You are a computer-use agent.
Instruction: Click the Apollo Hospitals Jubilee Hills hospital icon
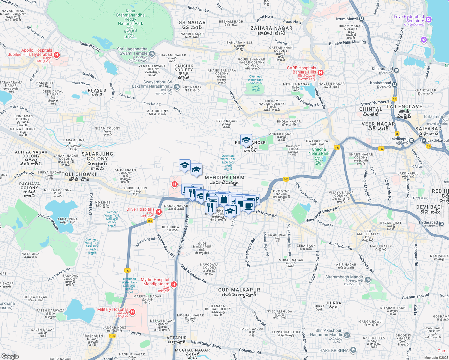click(x=56, y=55)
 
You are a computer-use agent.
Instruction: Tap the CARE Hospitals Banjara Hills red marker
click(x=321, y=72)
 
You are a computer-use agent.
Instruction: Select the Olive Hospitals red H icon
click(x=159, y=212)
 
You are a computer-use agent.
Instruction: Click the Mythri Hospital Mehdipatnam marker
click(x=173, y=284)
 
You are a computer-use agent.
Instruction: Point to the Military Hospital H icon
click(x=132, y=312)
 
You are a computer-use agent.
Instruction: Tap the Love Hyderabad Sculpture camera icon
click(x=429, y=20)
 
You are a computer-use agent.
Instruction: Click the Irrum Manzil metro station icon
click(x=361, y=19)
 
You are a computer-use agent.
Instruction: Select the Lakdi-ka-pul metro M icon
click(x=424, y=141)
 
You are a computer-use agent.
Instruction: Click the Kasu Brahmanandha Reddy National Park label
click(x=130, y=17)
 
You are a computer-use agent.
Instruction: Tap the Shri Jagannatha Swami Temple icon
click(x=152, y=54)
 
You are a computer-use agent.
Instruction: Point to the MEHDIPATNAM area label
click(x=224, y=178)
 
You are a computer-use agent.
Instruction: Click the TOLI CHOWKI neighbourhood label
click(x=79, y=174)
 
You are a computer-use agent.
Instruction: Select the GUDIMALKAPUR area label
click(x=239, y=290)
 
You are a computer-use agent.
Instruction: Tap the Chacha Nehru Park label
click(x=319, y=151)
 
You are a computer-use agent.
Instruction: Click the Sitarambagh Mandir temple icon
click(x=368, y=280)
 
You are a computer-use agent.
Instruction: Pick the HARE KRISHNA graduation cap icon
click(x=353, y=350)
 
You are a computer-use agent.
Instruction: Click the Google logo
click(x=10, y=356)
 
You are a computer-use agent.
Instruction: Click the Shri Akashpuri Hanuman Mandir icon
click(x=347, y=335)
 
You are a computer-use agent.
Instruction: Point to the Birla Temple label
click(x=435, y=116)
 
